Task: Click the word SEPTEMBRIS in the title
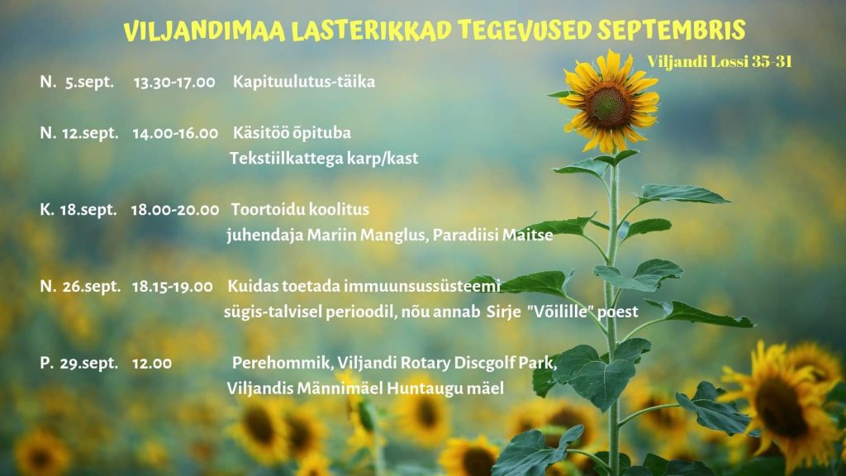(x=671, y=31)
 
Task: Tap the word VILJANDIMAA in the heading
(x=205, y=31)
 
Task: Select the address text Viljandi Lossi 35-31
(x=720, y=61)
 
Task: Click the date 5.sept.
(x=89, y=82)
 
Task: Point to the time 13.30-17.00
(x=174, y=82)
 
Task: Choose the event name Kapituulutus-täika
(x=304, y=82)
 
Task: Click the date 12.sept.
(x=90, y=133)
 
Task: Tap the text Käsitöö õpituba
(x=292, y=133)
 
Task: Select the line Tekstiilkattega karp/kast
(x=324, y=159)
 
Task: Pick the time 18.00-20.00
(x=175, y=210)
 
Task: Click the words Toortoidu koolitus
(x=300, y=209)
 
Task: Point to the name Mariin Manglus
(x=367, y=236)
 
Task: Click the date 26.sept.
(x=92, y=287)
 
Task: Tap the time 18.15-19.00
(x=172, y=287)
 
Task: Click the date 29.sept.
(x=89, y=364)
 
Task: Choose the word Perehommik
(x=282, y=363)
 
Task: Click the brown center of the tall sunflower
(x=608, y=105)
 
